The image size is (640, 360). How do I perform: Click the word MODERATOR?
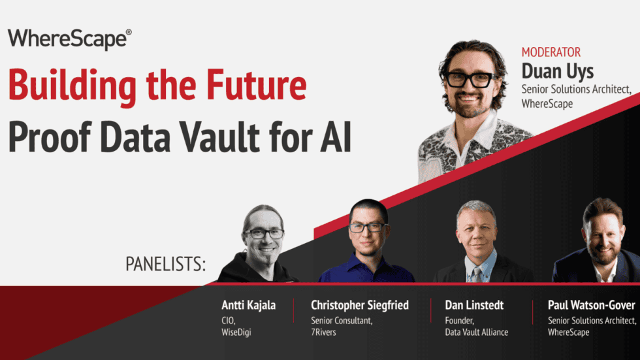(551, 52)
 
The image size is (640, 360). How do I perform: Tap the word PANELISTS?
(165, 265)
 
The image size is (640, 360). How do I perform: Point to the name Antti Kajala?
(248, 305)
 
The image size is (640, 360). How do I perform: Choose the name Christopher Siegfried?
(360, 305)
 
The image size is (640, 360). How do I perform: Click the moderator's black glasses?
(468, 80)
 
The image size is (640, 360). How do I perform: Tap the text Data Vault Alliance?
(476, 332)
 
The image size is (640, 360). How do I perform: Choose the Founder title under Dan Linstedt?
(460, 320)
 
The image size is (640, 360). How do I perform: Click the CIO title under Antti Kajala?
(229, 320)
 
